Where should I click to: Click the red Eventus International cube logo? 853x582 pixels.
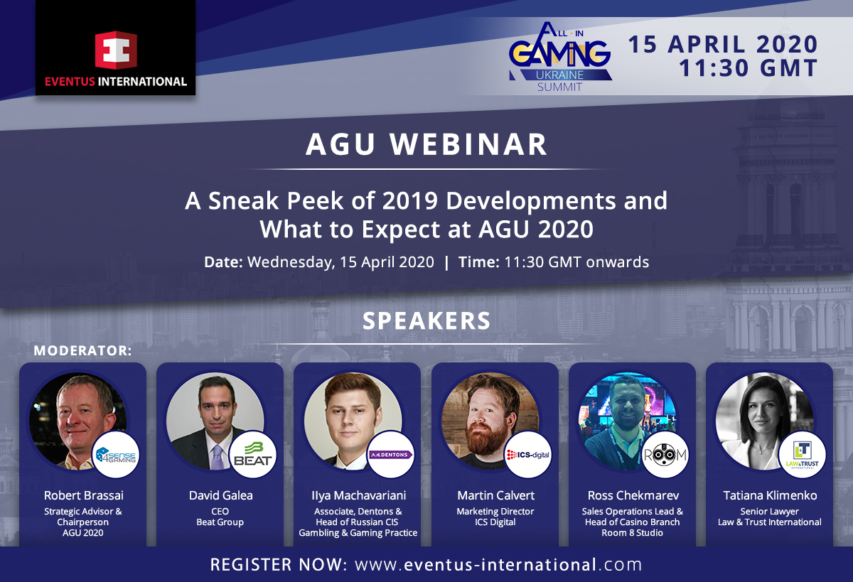click(116, 50)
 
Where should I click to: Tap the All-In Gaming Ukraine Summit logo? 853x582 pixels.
click(560, 57)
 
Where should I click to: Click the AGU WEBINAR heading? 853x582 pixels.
click(426, 145)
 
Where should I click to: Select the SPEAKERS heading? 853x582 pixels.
click(426, 321)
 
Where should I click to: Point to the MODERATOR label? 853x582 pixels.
click(82, 350)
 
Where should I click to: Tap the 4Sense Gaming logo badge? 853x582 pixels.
click(116, 455)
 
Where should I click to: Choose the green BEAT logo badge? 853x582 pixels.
click(253, 455)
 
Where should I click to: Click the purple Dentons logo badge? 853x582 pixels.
click(391, 455)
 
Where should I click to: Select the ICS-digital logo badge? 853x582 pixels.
click(528, 455)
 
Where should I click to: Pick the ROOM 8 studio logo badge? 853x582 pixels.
click(665, 455)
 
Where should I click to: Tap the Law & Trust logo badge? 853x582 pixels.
click(803, 455)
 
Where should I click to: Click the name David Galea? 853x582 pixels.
click(220, 495)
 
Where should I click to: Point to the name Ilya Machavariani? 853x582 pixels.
click(358, 495)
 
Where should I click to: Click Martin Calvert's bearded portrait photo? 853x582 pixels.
click(490, 421)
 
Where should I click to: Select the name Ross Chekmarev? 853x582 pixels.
click(633, 495)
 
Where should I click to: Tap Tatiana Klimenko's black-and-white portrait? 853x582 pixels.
click(764, 421)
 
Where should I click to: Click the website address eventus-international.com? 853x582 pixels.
click(498, 564)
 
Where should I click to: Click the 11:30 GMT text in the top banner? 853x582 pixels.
click(749, 68)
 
